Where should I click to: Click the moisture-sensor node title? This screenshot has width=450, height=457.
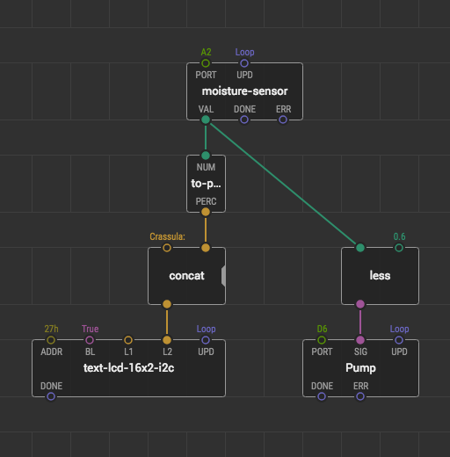[x=244, y=91]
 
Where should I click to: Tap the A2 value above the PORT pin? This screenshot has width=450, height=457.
[x=206, y=52]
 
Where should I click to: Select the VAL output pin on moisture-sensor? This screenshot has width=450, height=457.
[x=206, y=120]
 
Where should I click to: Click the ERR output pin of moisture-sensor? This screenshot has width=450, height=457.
[x=283, y=120]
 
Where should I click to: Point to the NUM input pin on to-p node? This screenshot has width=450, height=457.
[x=206, y=156]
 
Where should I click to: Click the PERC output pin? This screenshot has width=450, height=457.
[x=206, y=212]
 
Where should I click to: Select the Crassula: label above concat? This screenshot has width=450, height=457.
[x=167, y=236]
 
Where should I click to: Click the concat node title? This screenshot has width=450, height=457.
[x=186, y=276]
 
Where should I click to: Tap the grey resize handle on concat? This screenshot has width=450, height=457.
[x=223, y=276]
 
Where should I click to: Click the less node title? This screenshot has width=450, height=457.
[x=380, y=276]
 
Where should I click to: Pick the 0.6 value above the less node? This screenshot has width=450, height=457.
[x=399, y=236]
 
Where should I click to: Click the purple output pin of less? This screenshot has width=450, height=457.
[x=360, y=304]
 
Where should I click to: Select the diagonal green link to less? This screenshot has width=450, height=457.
[x=283, y=184]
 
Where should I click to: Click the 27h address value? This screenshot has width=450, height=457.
[x=51, y=329]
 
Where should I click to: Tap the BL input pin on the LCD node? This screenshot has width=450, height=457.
[x=90, y=340]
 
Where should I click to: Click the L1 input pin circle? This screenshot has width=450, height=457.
[x=128, y=340]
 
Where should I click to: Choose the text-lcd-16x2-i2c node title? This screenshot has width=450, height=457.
[x=128, y=368]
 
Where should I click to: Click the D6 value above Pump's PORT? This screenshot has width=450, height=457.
[x=322, y=329]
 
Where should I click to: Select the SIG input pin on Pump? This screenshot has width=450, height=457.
[x=360, y=340]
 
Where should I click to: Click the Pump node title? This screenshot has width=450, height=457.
[x=360, y=368]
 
